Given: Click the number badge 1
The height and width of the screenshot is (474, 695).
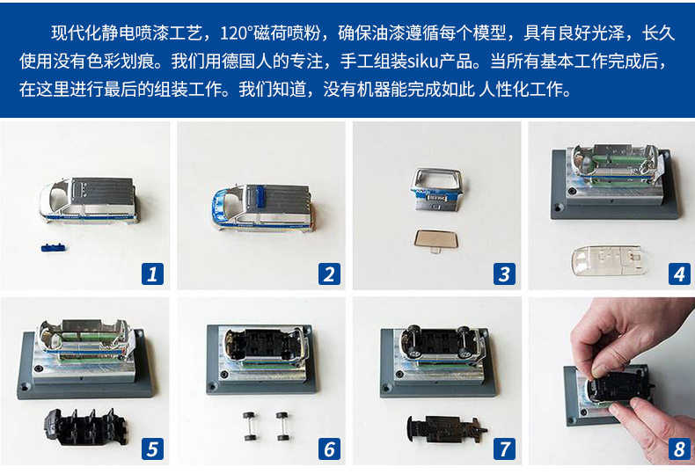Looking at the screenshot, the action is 152,273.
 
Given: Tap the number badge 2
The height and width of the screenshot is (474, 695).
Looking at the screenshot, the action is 329,273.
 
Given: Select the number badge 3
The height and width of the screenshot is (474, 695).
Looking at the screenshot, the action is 504,273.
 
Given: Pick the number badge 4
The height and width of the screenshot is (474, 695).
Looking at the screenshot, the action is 679,273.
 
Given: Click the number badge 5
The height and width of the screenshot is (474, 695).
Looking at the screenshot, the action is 152,448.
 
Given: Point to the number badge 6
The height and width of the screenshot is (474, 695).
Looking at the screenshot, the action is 329,448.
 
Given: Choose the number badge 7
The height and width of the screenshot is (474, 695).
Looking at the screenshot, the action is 504,448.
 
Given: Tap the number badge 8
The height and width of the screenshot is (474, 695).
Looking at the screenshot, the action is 679,448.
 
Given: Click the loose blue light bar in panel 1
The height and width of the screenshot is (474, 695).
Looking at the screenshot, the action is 53,247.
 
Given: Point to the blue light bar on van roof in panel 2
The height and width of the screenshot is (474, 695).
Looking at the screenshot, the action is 260,196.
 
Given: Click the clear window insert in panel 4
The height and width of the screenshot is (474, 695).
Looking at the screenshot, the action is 605,260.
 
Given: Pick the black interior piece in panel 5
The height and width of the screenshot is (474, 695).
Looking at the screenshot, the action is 86,426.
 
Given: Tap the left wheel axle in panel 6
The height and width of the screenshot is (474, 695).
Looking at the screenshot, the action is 249,427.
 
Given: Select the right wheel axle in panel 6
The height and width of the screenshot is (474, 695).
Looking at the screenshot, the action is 282,427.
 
